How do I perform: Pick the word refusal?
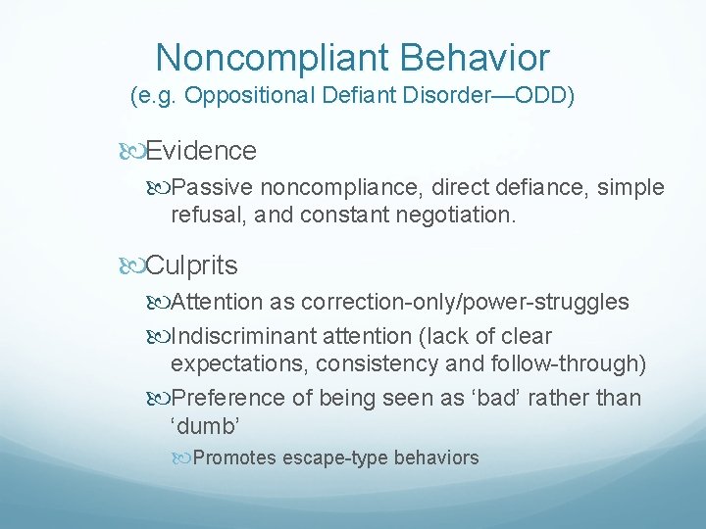pos(202,214)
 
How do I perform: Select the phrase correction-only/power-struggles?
pos(465,302)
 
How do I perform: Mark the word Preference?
pos(222,398)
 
